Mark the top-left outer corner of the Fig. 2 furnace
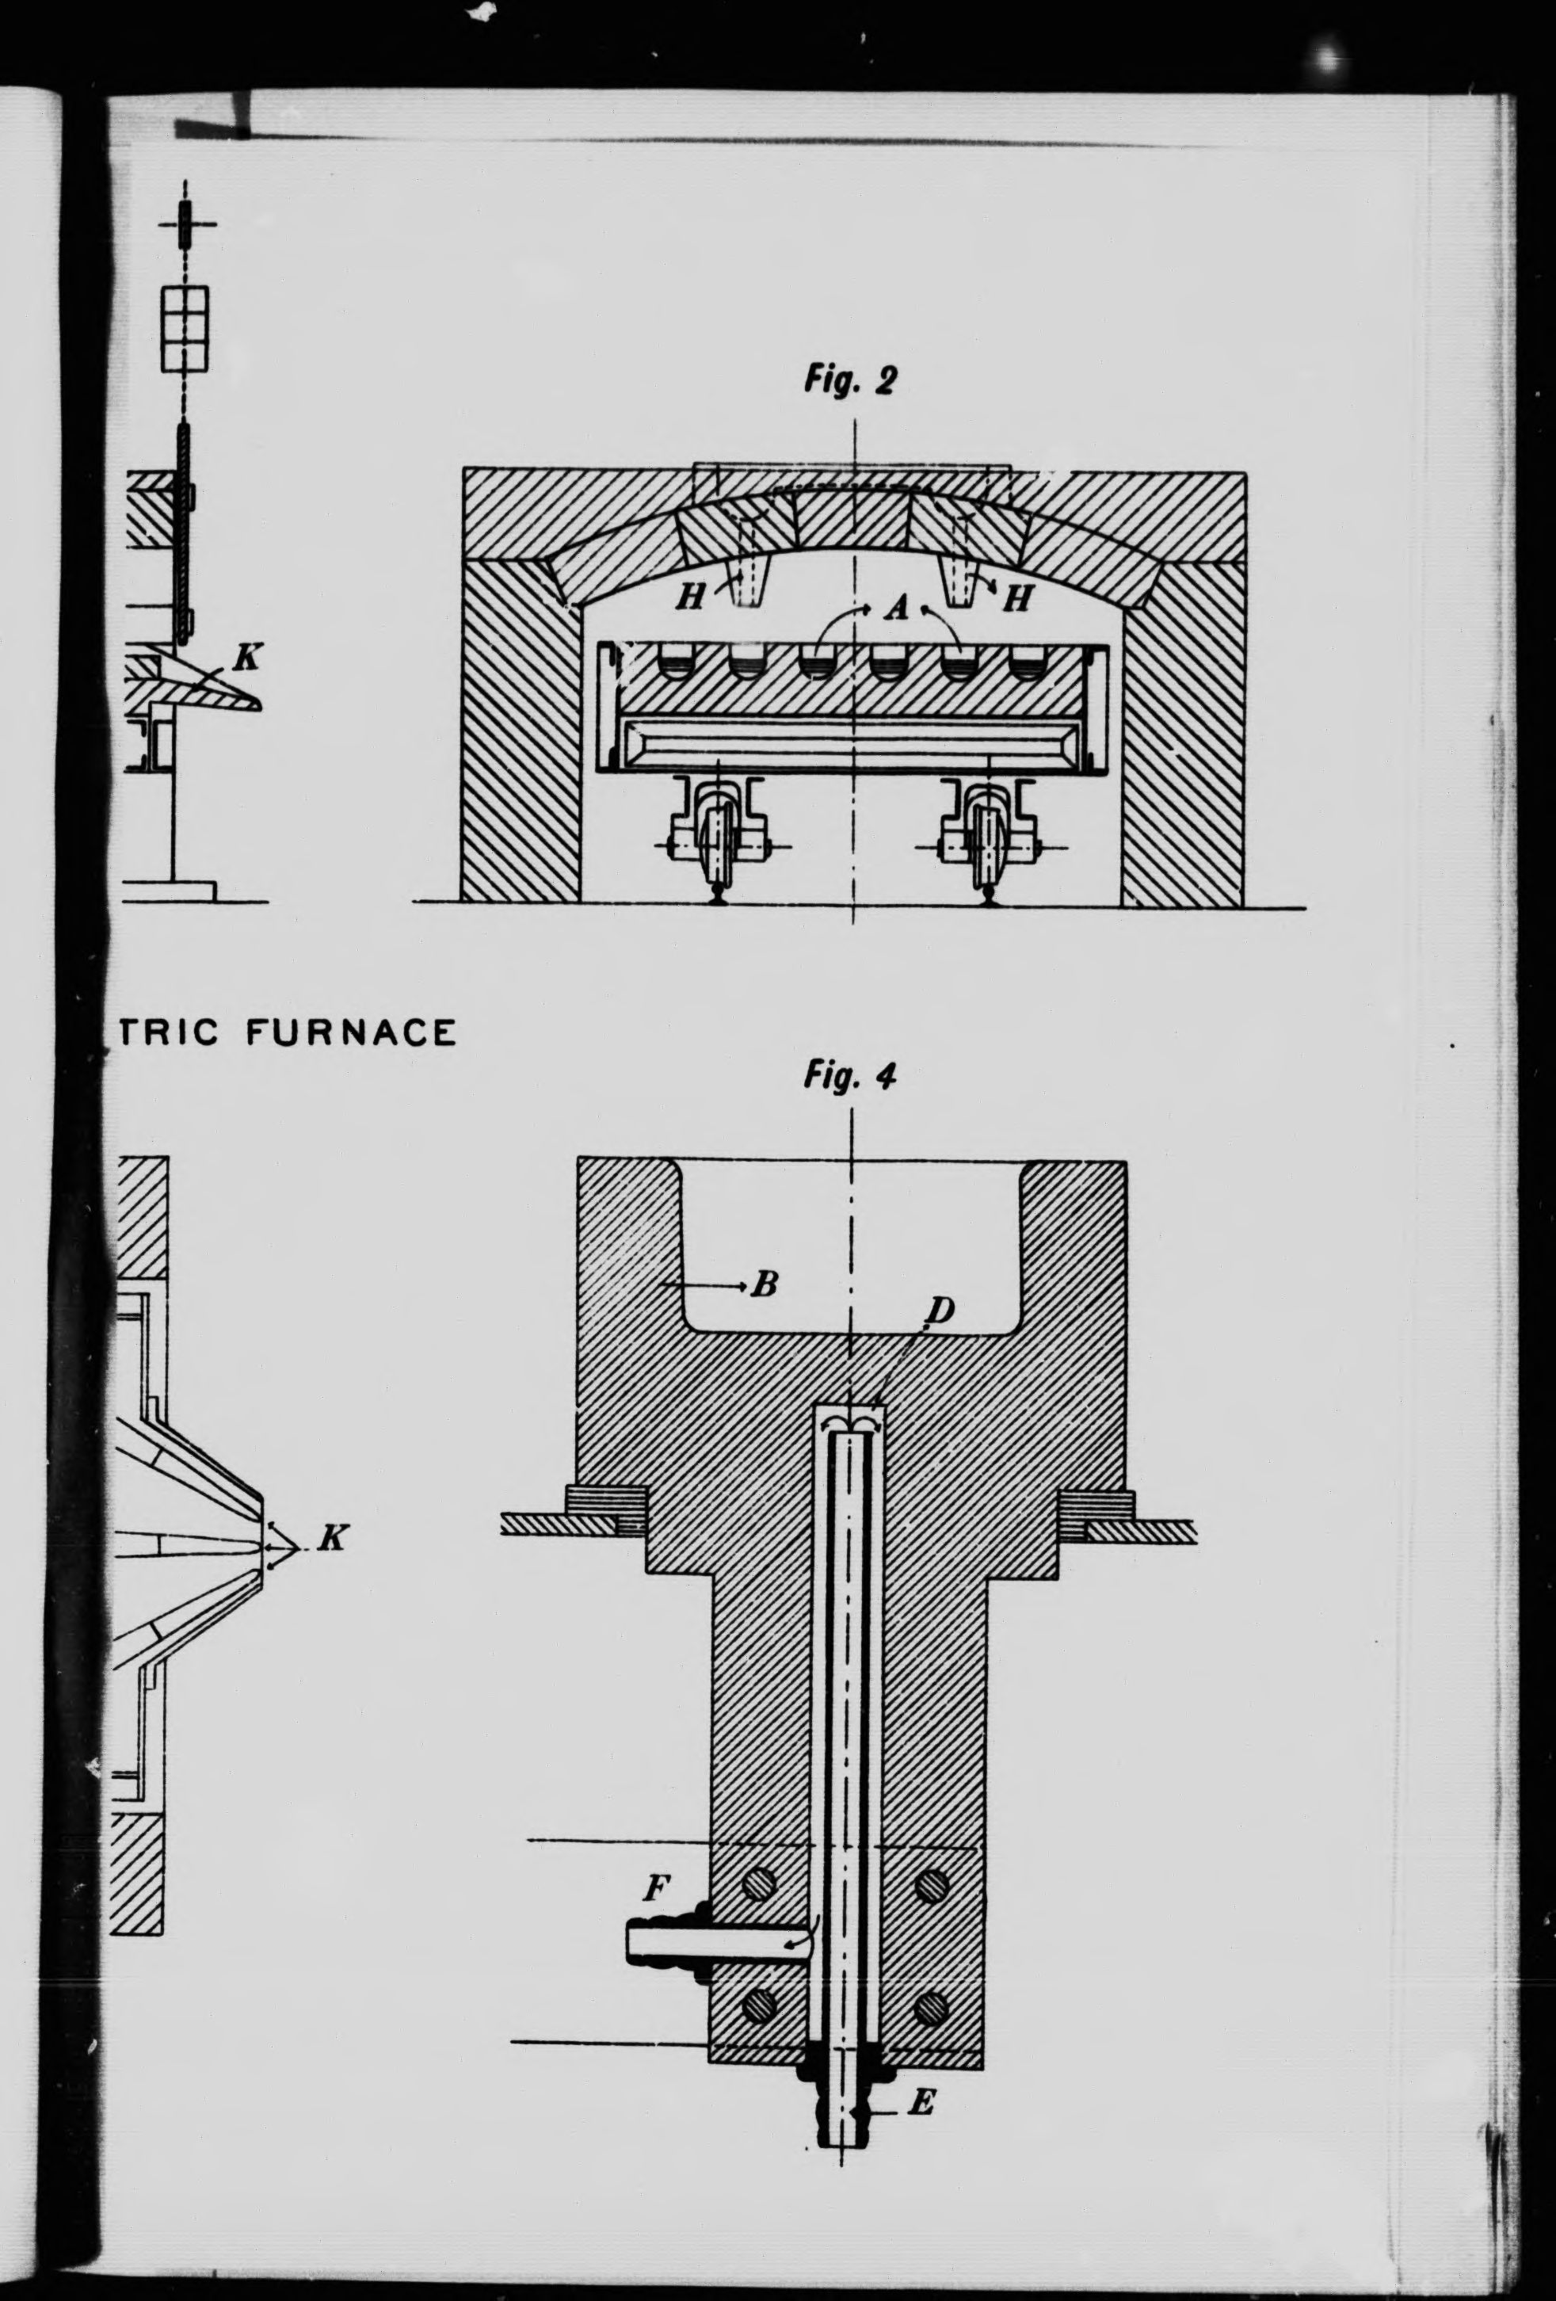pos(462,471)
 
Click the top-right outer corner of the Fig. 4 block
pos(1127,1159)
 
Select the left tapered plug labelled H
pos(746,575)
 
